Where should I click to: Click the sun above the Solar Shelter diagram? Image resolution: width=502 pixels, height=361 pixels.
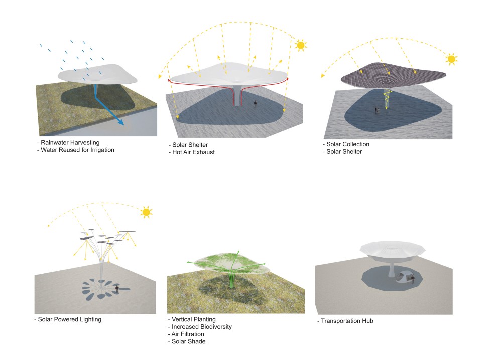point(301,45)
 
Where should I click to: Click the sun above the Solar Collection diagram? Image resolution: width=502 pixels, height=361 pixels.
point(451,59)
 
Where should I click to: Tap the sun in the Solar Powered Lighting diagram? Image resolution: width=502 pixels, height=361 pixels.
point(146,212)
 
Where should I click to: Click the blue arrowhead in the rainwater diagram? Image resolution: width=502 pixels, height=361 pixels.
point(120,121)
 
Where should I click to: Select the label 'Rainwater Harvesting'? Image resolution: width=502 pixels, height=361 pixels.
point(70,142)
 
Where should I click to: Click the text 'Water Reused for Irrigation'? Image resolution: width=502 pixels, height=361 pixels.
point(77,150)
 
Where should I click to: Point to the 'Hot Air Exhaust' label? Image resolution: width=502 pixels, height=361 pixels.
point(193,152)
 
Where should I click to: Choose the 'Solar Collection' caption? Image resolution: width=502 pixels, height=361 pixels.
point(348,144)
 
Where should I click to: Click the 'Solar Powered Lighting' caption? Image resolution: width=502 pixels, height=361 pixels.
point(69,319)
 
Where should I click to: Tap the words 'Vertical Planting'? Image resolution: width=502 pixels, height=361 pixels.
point(194,319)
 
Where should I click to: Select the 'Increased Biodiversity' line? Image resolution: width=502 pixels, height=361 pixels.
point(202,327)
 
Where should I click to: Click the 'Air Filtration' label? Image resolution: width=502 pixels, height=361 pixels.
point(188,334)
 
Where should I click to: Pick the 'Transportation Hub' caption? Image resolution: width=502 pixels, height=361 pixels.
point(347,321)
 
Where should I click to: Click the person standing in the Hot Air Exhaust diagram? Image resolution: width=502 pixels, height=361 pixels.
point(255,104)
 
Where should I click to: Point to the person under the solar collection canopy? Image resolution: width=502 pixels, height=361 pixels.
point(377,110)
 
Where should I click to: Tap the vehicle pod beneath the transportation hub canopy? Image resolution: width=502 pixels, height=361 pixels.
point(404,277)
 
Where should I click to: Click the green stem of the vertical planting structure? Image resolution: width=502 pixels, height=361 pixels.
point(232,279)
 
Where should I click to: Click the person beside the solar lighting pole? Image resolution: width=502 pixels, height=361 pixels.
point(117,289)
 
